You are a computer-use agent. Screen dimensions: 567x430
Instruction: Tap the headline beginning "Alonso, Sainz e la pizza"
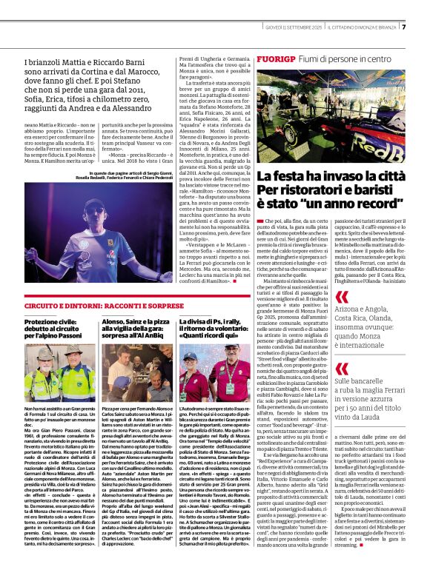coord(134,326)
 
